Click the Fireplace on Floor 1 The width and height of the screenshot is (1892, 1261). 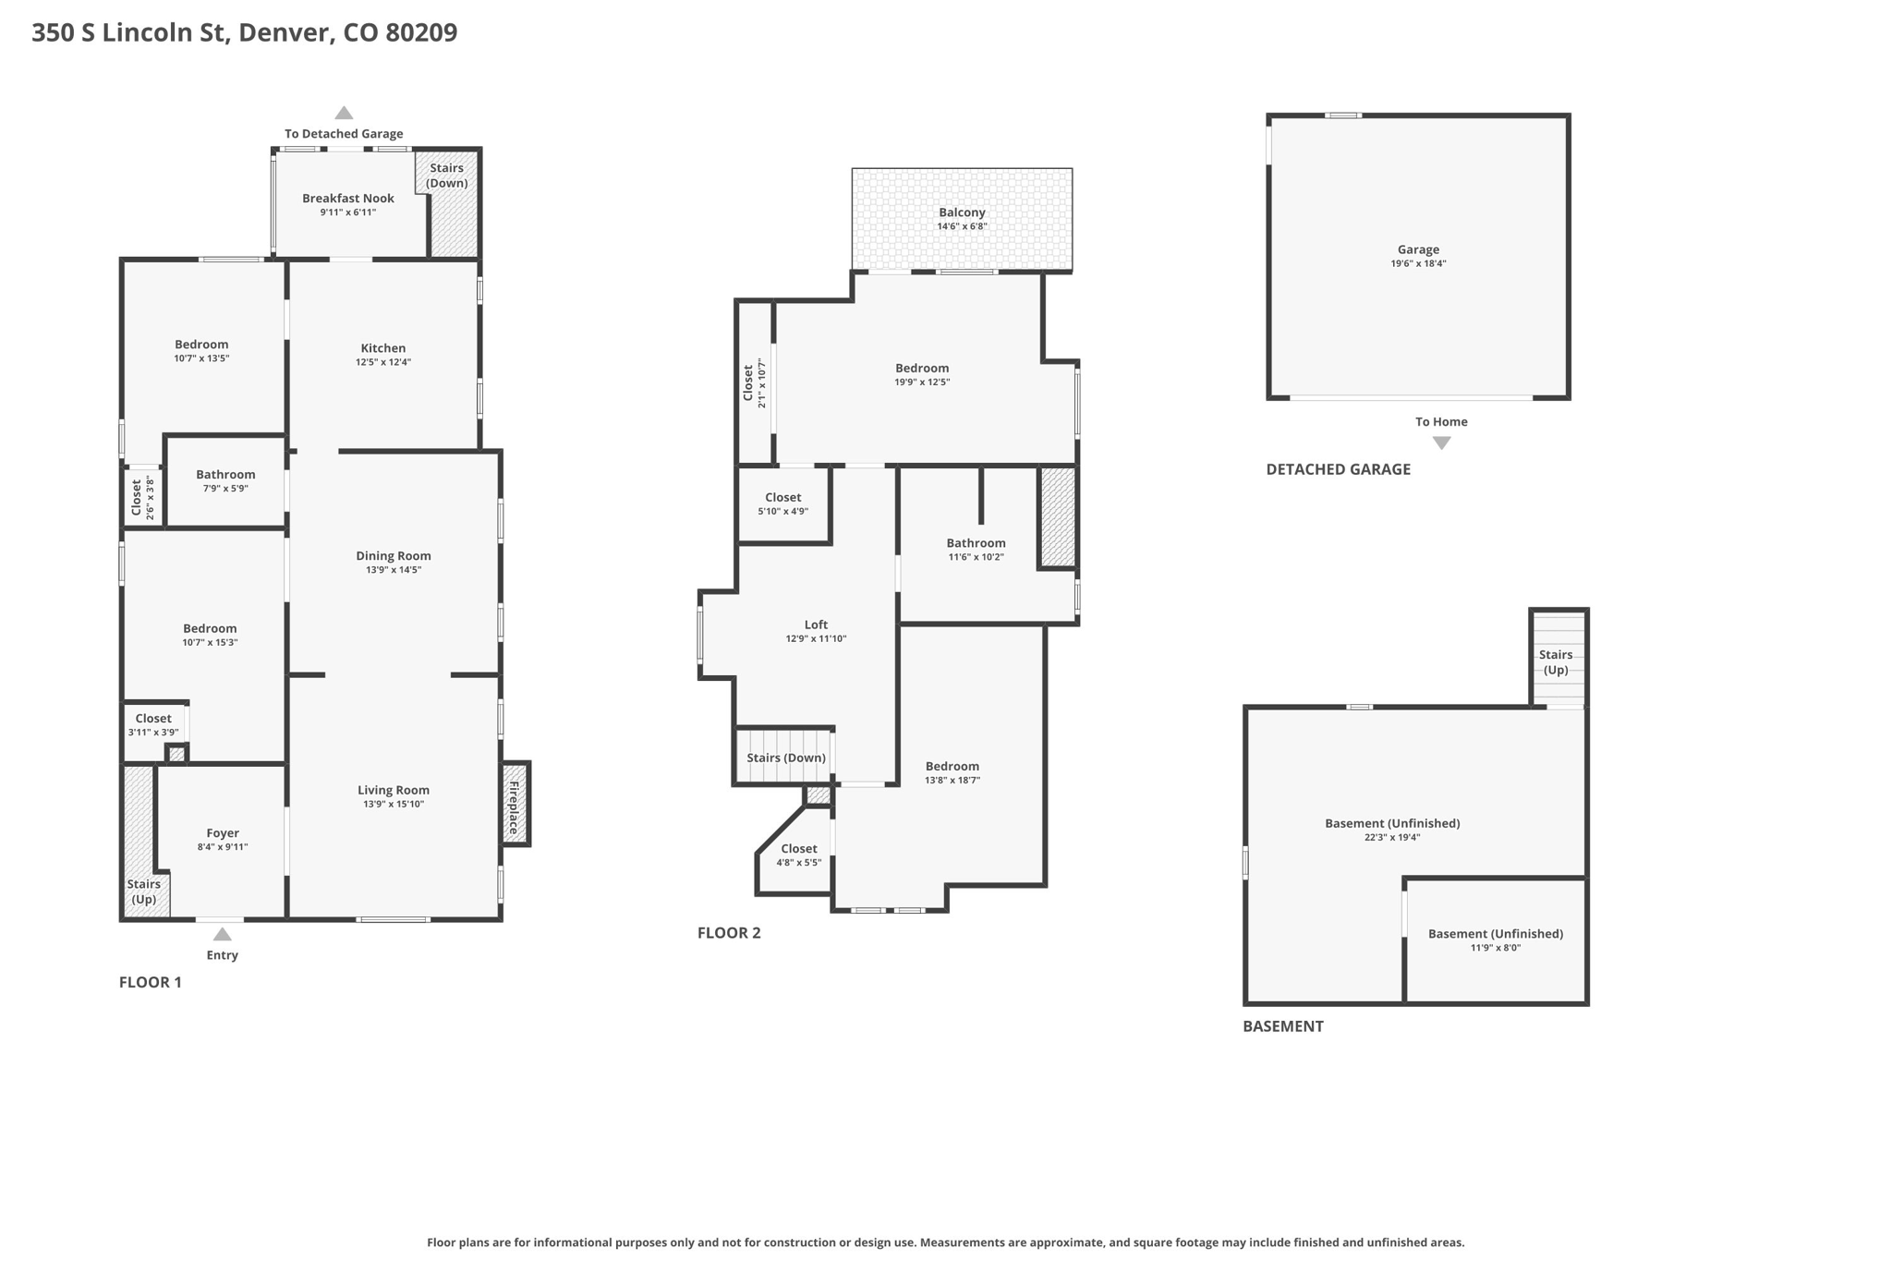(515, 803)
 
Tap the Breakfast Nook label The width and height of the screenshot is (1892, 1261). (348, 198)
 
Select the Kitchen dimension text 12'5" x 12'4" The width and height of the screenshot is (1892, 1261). (383, 362)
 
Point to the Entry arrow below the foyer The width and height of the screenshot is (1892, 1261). (222, 934)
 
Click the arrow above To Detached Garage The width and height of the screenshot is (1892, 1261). (344, 113)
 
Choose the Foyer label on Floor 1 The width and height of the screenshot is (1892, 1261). (223, 832)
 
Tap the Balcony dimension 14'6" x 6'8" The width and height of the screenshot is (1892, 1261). (962, 226)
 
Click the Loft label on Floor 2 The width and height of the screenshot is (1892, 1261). (816, 624)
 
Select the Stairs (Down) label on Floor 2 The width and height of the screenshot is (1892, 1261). (786, 758)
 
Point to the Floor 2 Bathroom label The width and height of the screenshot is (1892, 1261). (976, 543)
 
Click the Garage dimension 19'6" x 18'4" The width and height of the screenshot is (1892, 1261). (1418, 263)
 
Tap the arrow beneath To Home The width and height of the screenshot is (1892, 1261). (1441, 443)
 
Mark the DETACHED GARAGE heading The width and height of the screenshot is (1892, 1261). (1338, 469)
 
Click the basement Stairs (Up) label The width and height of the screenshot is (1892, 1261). (1556, 662)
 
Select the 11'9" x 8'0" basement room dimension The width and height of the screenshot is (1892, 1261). (1495, 947)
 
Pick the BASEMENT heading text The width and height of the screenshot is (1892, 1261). (1282, 1026)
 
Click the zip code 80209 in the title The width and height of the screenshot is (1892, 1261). (421, 32)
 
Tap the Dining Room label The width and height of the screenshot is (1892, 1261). (394, 555)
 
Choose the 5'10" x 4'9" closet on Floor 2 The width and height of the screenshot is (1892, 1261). (783, 504)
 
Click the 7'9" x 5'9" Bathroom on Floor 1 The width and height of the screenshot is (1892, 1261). (225, 481)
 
